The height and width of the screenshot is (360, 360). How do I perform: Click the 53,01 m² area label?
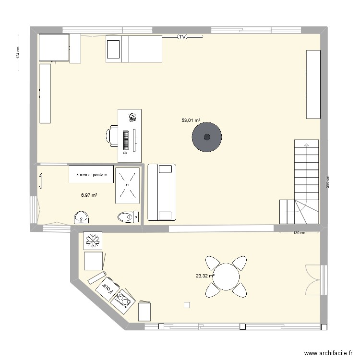pyautogui.click(x=191, y=120)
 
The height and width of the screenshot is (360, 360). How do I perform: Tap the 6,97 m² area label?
pyautogui.click(x=89, y=195)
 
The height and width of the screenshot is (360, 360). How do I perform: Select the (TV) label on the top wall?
pyautogui.click(x=182, y=36)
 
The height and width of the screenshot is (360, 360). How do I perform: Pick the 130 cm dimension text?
pyautogui.click(x=299, y=233)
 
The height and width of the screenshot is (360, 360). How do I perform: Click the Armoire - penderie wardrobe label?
pyautogui.click(x=91, y=174)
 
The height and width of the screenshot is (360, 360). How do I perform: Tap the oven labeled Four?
pyautogui.click(x=108, y=288)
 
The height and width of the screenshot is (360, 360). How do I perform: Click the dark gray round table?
pyautogui.click(x=207, y=137)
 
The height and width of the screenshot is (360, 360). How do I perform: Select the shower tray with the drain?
pyautogui.click(x=128, y=184)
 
